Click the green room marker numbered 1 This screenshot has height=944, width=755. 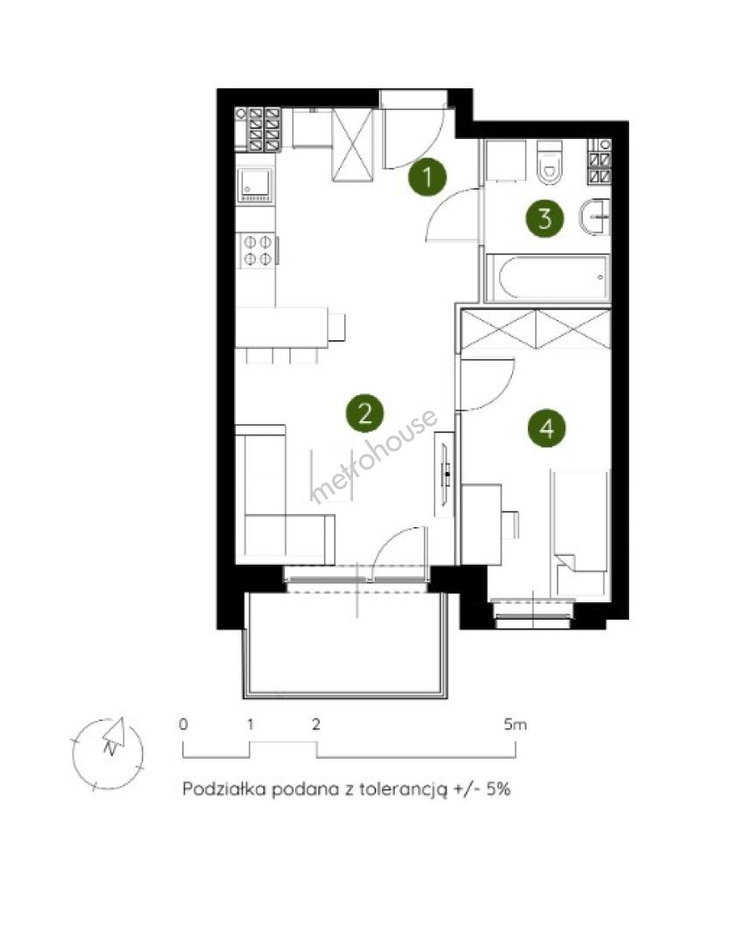427,177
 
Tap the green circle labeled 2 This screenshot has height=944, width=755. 365,413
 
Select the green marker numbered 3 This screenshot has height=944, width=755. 545,218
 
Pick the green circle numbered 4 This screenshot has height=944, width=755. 547,428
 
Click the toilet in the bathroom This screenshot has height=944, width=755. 549,162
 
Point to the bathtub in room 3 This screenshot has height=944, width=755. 548,278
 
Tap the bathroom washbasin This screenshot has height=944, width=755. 595,218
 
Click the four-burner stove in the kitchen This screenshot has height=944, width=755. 257,251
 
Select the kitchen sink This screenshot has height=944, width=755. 256,184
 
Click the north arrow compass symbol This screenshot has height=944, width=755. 108,753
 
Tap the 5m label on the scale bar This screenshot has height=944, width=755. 515,725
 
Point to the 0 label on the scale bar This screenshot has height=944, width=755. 183,725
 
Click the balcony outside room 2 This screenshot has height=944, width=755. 345,645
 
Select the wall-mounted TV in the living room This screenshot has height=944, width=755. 447,475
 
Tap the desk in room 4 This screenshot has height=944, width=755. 481,524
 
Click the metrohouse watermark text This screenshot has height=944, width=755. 373,456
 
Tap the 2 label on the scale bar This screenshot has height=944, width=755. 316,725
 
